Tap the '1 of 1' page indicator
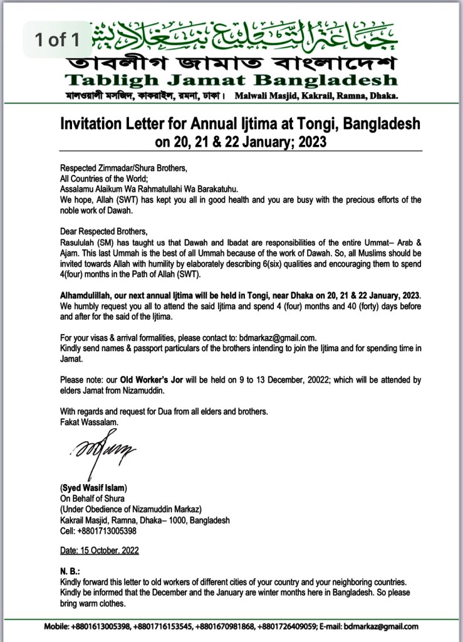coord(57,41)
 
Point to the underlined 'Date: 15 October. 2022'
coord(99,551)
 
